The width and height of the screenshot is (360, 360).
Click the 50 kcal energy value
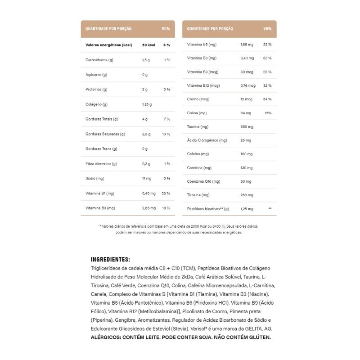pos(148,45)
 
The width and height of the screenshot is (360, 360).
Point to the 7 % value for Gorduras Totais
pos(166,119)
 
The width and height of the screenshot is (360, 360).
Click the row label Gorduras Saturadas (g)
pos(105,134)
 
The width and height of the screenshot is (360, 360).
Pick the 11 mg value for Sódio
pos(147,179)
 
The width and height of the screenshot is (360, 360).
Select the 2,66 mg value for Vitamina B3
pos(149,208)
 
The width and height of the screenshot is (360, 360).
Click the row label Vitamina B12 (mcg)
pos(203,85)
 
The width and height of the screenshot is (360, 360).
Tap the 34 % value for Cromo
pos(267,99)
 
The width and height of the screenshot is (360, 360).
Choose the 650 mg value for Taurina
pos(247,127)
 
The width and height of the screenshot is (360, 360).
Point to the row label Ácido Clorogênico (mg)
pos(207,140)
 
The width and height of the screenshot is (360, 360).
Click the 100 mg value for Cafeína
pos(247,154)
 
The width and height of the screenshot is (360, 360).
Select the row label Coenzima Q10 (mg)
pos(203,181)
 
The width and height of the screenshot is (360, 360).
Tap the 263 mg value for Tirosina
pos(247,195)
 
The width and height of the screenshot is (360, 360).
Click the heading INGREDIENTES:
pos(110,260)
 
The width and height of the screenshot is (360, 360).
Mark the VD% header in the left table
pos(166,29)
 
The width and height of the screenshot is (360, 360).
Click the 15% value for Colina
pos(268,113)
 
